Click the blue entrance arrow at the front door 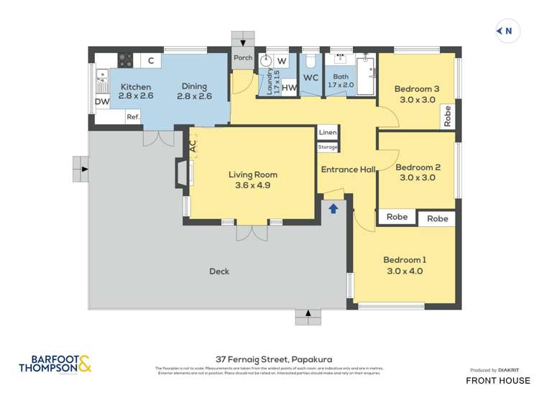tap(333, 208)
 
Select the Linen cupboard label tap(328, 133)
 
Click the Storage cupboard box tap(328, 147)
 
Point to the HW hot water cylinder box tap(289, 88)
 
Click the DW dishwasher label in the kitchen tap(102, 102)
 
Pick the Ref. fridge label tap(133, 116)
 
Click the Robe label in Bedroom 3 tap(448, 116)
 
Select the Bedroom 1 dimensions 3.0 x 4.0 tap(405, 271)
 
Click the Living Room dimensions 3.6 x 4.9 tap(252, 185)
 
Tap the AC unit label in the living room tap(192, 145)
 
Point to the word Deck tap(219, 271)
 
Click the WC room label tap(310, 78)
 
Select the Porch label tap(243, 58)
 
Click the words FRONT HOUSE tap(498, 380)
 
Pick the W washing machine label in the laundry tap(282, 60)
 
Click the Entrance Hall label tap(348, 170)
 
